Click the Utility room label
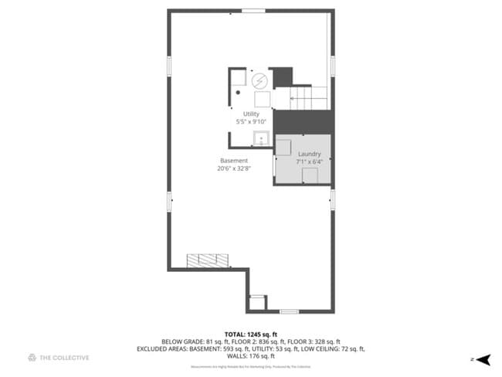251,114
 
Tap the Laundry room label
310,155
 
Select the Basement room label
233,161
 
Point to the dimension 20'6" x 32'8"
233,169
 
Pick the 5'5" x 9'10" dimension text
251,122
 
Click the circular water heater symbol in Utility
260,80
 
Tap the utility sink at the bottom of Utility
261,139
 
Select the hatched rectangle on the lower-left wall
209,260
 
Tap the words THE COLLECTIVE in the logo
65,358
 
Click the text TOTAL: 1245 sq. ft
250,333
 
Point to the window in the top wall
252,11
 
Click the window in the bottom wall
290,311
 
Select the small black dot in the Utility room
239,92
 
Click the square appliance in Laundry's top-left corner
284,148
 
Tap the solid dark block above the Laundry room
303,122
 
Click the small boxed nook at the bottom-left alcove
257,301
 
